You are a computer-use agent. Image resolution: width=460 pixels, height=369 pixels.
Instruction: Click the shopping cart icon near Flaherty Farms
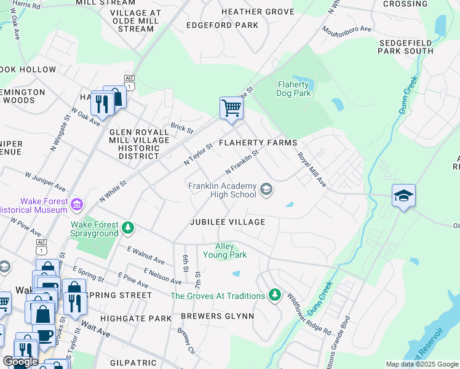click(232, 108)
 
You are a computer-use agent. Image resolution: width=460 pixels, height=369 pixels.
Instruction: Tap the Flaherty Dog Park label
click(294, 89)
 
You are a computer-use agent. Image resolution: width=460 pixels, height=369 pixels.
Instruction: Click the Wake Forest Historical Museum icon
click(77, 204)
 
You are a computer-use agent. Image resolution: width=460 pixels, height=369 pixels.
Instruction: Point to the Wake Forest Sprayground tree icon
click(128, 228)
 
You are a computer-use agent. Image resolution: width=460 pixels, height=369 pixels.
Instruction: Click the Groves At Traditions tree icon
click(275, 295)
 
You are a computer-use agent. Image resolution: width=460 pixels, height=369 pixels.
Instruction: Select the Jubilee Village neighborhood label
click(228, 222)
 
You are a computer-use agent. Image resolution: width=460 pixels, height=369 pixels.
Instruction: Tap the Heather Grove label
click(258, 12)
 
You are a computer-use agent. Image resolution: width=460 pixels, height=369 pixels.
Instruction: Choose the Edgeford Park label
click(223, 25)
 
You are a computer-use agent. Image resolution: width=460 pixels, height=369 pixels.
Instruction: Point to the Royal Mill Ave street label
click(312, 170)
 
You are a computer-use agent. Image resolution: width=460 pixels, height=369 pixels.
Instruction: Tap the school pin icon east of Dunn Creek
click(403, 196)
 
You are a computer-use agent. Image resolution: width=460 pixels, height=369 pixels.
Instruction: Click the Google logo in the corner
click(20, 362)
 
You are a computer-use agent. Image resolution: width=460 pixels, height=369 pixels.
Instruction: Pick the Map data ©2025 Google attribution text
click(421, 364)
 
